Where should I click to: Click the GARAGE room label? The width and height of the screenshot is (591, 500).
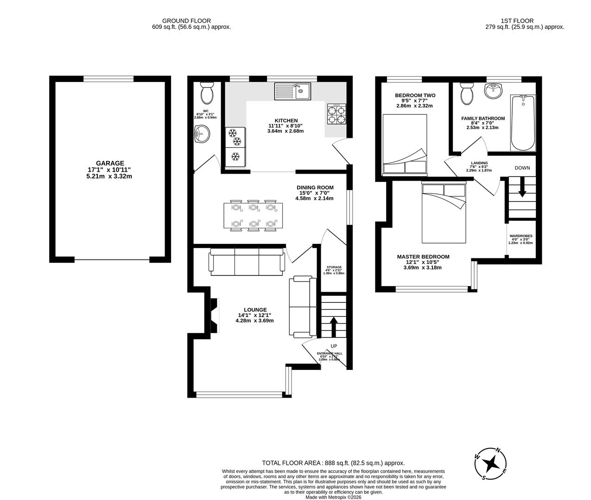[x=110, y=163]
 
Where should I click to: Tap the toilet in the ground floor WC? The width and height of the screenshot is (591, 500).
[x=207, y=94]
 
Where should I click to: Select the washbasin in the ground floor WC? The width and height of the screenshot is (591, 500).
[x=202, y=136]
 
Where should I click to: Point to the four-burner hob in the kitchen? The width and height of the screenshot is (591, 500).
[x=337, y=114]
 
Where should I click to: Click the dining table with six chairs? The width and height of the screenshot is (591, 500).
[x=251, y=216]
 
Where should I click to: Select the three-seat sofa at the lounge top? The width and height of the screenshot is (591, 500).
[x=247, y=262]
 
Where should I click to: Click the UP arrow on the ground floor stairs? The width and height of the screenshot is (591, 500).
[x=333, y=326]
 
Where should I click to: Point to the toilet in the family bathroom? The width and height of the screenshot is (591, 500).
[x=466, y=94]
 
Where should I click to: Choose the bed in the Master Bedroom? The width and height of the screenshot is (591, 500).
[x=444, y=212]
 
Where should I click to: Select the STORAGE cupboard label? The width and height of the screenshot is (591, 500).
[x=334, y=267]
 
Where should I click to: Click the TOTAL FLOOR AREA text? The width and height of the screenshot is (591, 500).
[x=333, y=462]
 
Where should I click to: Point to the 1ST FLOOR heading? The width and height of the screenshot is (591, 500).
[x=517, y=20]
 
